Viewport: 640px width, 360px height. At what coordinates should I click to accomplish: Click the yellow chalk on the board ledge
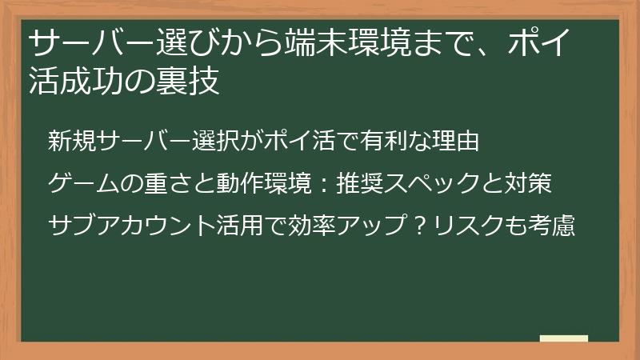coord(563,338)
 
